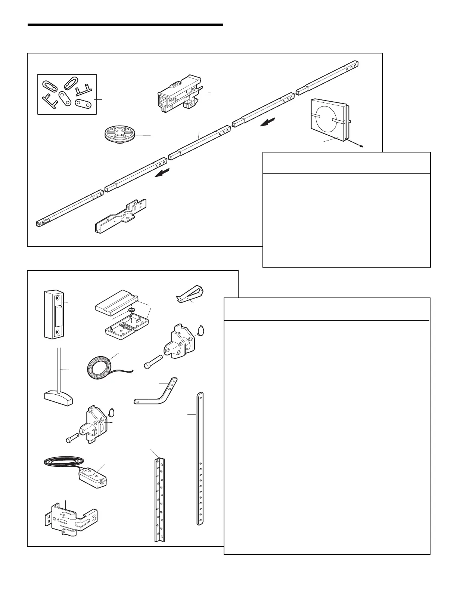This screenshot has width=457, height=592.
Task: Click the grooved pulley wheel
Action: click(120, 135)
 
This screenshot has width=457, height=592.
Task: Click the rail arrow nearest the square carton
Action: click(269, 122)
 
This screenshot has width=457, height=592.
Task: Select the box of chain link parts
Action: click(67, 94)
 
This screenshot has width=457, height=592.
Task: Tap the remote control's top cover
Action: click(116, 302)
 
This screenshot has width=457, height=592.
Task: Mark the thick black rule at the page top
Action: click(125, 25)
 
